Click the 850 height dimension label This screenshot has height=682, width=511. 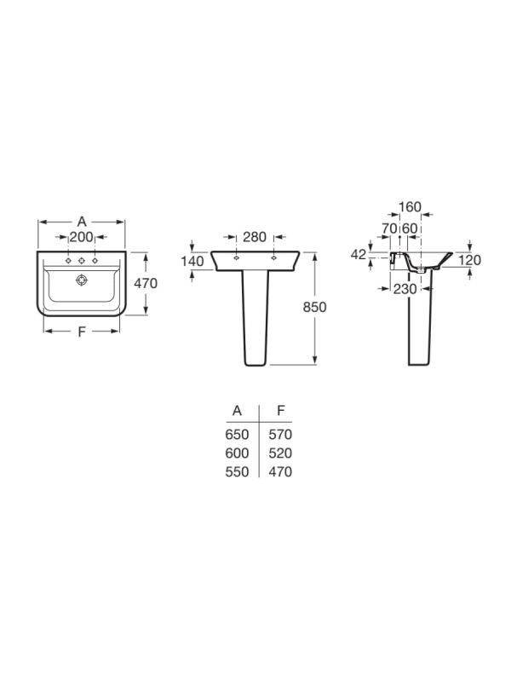[x=314, y=307]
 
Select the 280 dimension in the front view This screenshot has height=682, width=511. [x=255, y=237]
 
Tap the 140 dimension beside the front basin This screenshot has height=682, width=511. [x=192, y=261]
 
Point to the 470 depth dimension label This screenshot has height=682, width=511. [x=146, y=283]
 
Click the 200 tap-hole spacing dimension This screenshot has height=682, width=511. [x=82, y=237]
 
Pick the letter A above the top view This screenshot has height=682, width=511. [x=82, y=222]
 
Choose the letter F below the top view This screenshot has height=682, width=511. [x=81, y=332]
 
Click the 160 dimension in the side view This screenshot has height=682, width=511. [x=410, y=207]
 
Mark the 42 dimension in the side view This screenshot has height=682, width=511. [x=359, y=254]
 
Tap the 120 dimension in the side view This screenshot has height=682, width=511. [x=470, y=260]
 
